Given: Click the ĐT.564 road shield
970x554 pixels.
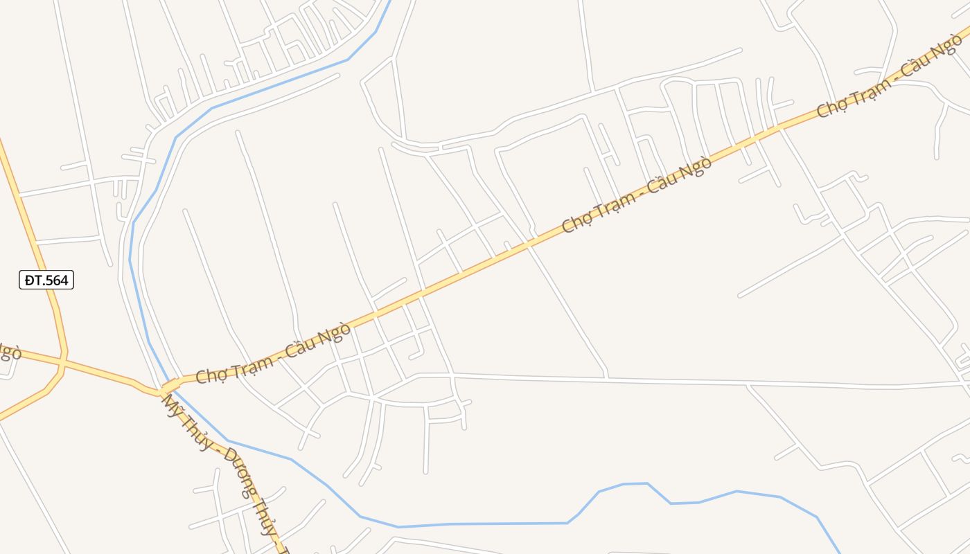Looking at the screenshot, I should [46, 280].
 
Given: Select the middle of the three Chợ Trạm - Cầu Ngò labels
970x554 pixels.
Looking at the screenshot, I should [637, 195].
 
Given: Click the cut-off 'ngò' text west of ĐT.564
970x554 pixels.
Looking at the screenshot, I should [10, 352].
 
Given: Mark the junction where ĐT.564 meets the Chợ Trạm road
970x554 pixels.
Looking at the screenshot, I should [63, 361].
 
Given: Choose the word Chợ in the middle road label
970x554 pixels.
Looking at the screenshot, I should [576, 222].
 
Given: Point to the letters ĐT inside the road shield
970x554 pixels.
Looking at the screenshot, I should [33, 280].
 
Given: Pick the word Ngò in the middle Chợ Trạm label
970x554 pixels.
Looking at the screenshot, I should [695, 169].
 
